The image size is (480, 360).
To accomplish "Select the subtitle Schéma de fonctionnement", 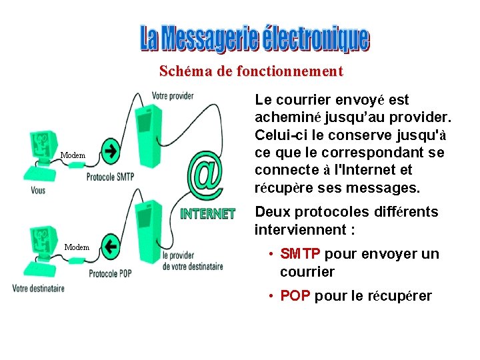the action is [x=251, y=71].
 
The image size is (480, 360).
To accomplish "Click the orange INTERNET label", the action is [x=208, y=214].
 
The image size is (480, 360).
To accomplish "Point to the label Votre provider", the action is [x=173, y=95].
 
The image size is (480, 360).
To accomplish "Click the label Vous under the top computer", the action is [x=39, y=190].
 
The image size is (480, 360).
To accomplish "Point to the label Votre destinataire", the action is [x=39, y=288].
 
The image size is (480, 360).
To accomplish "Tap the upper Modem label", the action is [x=73, y=155].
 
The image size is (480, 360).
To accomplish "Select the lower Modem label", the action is [x=77, y=247].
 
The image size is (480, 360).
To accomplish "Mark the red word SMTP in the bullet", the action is [x=301, y=254].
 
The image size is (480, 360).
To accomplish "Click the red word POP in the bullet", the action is [x=295, y=296].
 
